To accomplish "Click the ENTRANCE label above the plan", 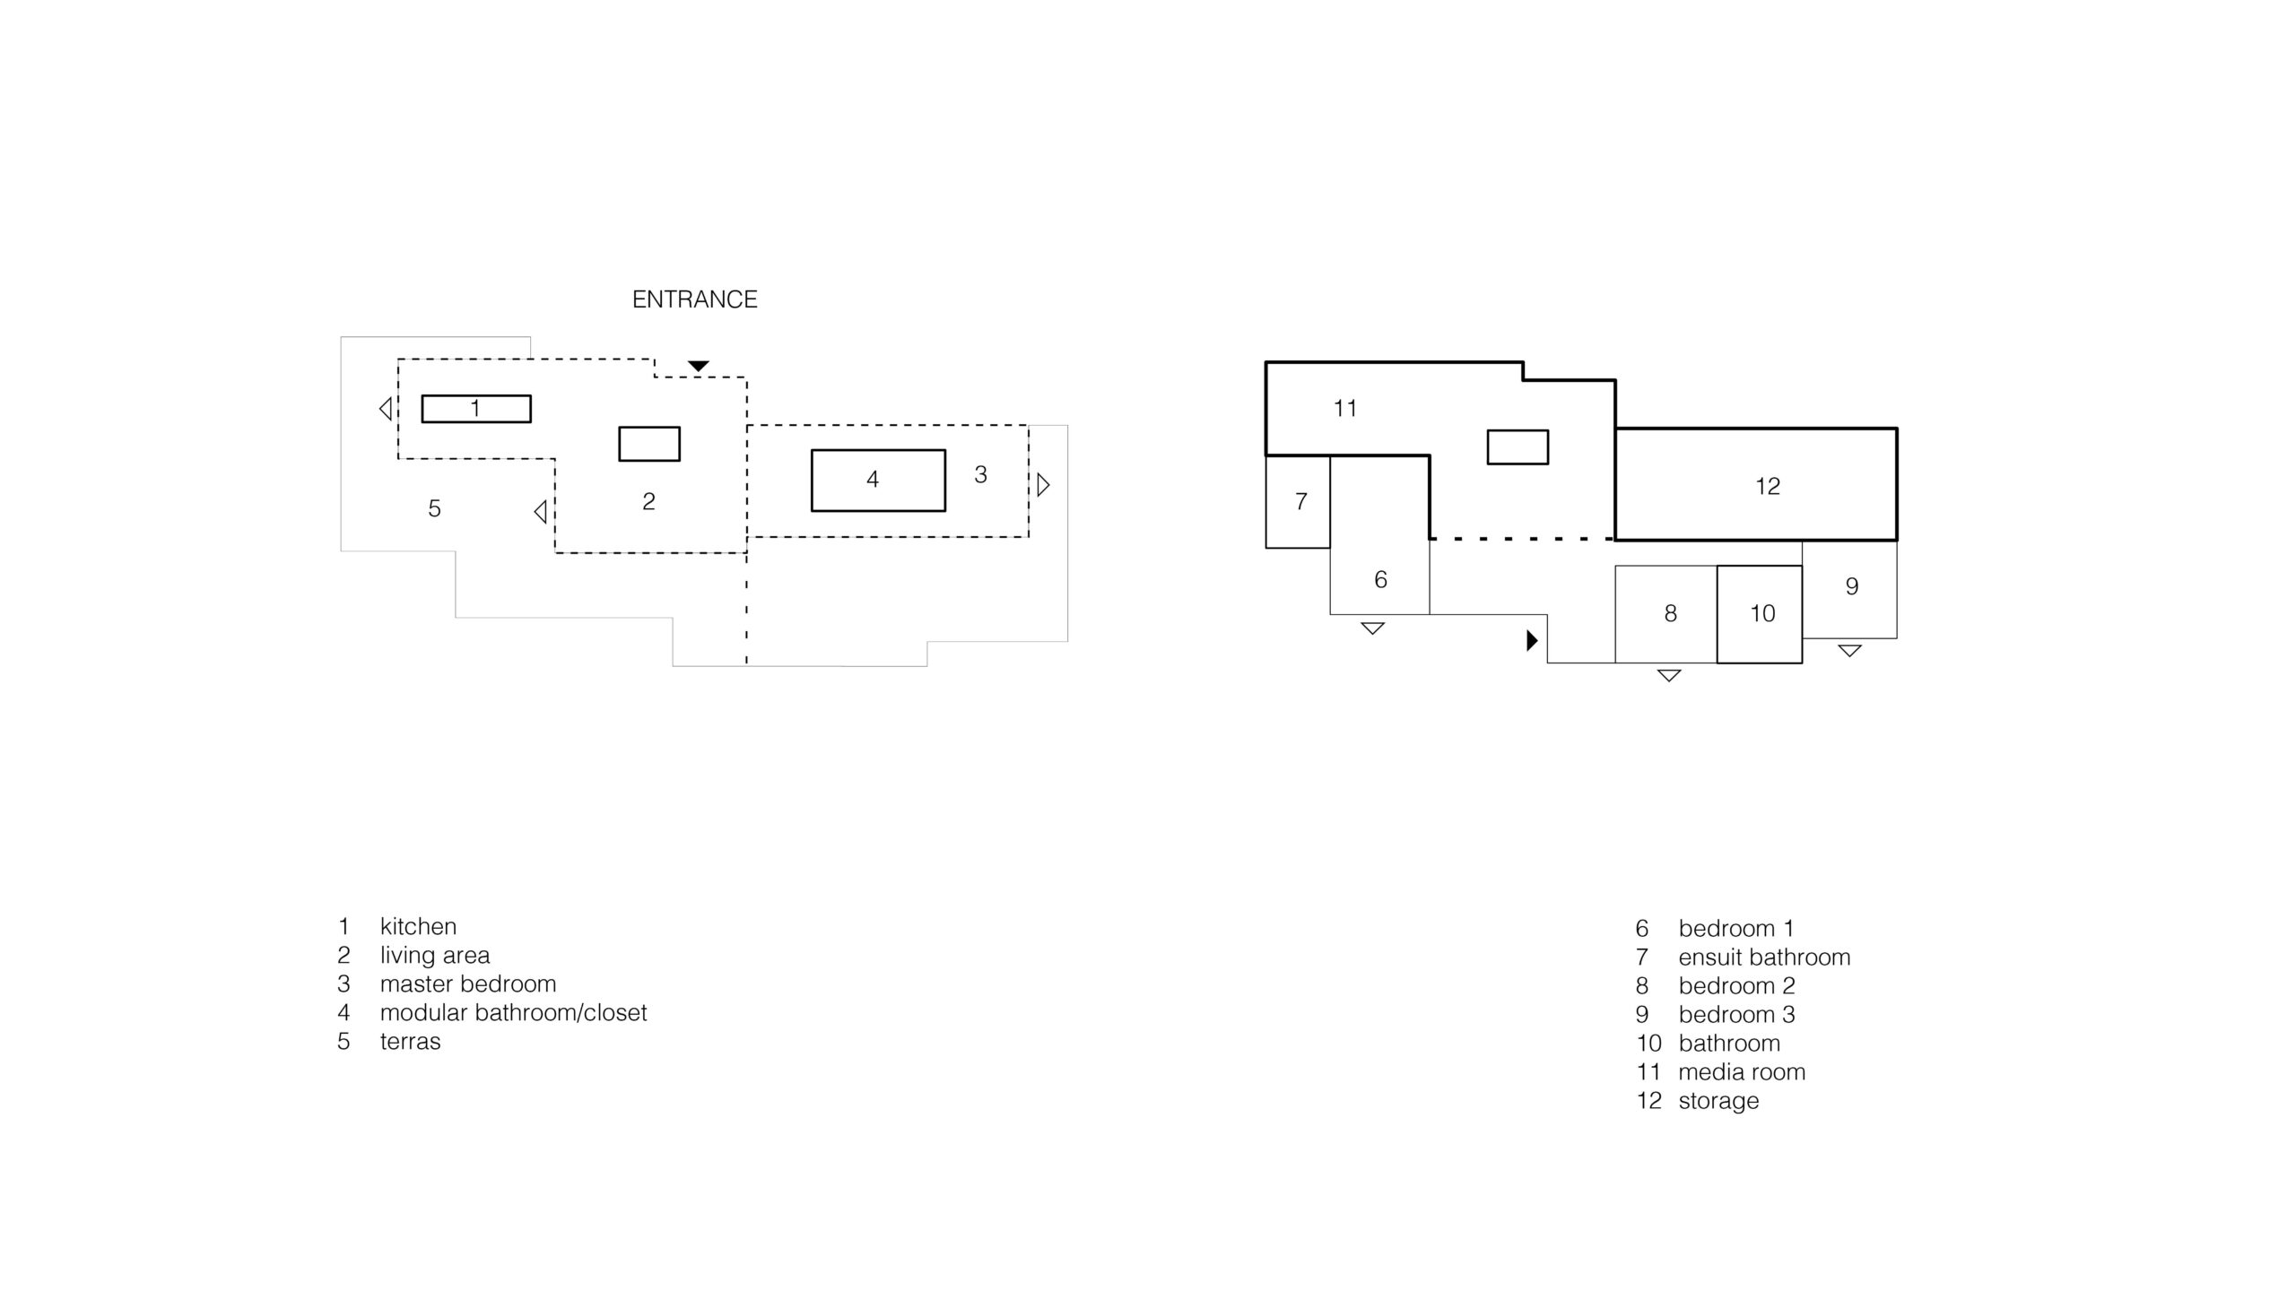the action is (694, 299).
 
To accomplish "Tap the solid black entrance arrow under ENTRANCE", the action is (699, 366).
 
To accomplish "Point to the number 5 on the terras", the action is (434, 509).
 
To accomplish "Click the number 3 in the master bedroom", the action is (980, 475).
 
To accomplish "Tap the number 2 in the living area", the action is (648, 502).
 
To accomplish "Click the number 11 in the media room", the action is (1344, 409).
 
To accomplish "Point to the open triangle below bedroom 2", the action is (1668, 675).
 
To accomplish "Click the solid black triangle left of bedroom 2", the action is (1532, 640).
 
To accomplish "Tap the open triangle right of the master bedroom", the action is (1043, 485).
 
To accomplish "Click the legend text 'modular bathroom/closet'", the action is (513, 1013).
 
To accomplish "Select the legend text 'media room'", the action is (1742, 1072).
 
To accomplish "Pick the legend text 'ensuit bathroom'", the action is (1764, 957).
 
